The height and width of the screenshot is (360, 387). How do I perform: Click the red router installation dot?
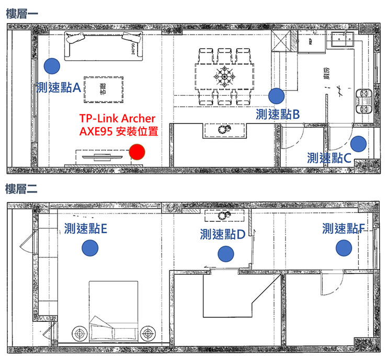(x=137, y=152)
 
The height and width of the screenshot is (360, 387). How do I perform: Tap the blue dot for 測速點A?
(x=51, y=65)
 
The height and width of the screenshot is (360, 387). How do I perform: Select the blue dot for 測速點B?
(x=276, y=95)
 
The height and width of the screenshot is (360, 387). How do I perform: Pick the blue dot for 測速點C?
(x=358, y=143)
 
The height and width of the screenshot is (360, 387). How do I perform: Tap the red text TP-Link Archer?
(x=117, y=118)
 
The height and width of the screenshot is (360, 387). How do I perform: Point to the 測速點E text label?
(x=86, y=228)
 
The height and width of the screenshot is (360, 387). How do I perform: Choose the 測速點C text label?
(x=329, y=157)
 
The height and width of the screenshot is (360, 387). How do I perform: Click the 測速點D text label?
(x=222, y=234)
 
